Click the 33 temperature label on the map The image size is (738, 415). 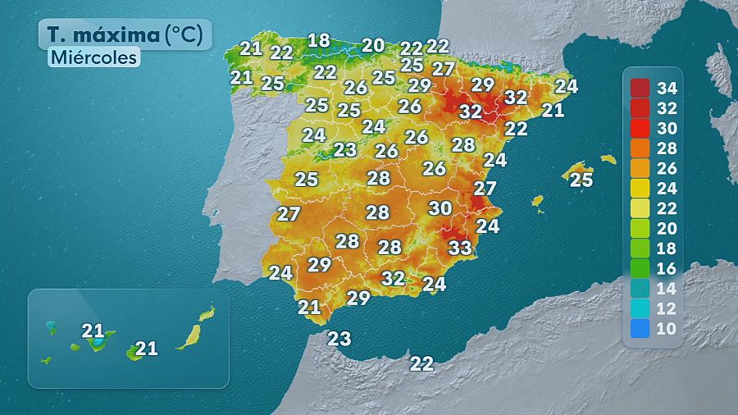[x=460, y=246]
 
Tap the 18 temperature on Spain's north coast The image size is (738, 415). [x=318, y=40]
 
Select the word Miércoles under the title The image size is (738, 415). [x=93, y=58]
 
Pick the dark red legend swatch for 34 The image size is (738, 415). [x=640, y=87]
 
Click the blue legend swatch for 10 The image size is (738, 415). [x=640, y=329]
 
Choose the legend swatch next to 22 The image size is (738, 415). [x=640, y=207]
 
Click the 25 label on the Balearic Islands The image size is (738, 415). [x=581, y=180]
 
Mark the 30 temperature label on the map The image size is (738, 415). [x=440, y=208]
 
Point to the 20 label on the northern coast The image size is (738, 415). [x=373, y=45]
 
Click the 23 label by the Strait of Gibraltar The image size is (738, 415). [x=339, y=338]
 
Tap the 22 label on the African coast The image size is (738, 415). [x=421, y=363]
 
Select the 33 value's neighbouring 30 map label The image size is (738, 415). [x=440, y=208]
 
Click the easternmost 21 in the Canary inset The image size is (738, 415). [x=146, y=349]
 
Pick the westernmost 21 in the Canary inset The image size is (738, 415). [x=93, y=331]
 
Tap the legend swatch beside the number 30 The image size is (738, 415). [x=640, y=127]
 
